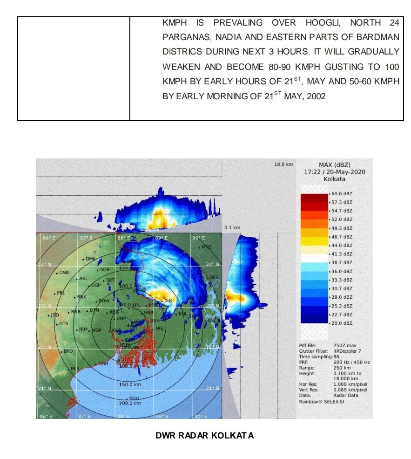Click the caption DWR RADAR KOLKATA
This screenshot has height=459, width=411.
pyautogui.click(x=205, y=436)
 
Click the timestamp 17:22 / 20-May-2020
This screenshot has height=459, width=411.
pyautogui.click(x=334, y=172)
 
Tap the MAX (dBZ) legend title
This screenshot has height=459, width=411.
pyautogui.click(x=334, y=165)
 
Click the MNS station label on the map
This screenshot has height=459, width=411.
pyautogui.click(x=206, y=247)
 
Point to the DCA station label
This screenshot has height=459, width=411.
pyautogui.click(x=214, y=278)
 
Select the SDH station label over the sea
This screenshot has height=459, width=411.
pyautogui.click(x=134, y=398)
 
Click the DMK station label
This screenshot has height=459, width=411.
pyautogui.click(x=90, y=259)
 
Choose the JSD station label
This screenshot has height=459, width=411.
pyautogui.click(x=54, y=315)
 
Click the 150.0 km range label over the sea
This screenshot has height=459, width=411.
pyautogui.click(x=129, y=385)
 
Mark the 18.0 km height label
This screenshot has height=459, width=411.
pyautogui.click(x=283, y=164)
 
